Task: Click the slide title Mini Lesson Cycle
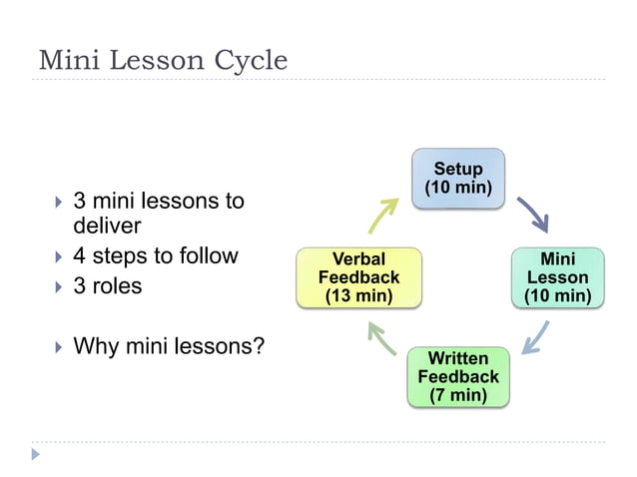[x=163, y=61]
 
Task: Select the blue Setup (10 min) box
[x=458, y=179]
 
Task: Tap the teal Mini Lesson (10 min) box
[x=557, y=277]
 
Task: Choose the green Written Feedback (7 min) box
[x=458, y=376]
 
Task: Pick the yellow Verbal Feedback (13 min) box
[x=359, y=277]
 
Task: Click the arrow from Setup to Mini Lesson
[x=532, y=214]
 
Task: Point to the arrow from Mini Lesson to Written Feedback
[x=534, y=336]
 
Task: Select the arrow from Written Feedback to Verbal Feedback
[x=382, y=339]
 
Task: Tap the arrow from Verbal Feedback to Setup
[x=382, y=214]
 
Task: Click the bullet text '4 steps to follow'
[x=156, y=255]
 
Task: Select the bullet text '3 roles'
[x=108, y=286]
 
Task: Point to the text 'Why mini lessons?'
[x=169, y=347]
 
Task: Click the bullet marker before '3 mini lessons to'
[x=58, y=202]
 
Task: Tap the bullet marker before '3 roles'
[x=58, y=287]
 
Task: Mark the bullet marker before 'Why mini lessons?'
[x=58, y=348]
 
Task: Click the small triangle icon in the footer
[x=37, y=454]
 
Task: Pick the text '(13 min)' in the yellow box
[x=359, y=295]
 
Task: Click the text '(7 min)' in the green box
[x=458, y=395]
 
